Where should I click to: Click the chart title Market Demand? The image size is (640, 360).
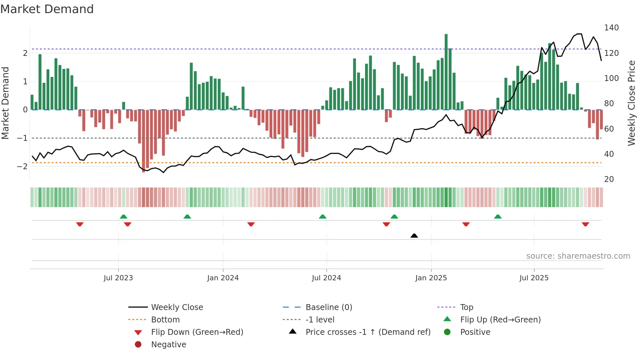[47, 9]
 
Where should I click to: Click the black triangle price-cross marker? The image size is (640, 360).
[414, 236]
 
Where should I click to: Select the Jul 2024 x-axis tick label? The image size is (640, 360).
[326, 278]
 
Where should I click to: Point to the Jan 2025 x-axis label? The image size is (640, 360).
[431, 278]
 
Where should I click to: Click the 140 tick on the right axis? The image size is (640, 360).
[611, 28]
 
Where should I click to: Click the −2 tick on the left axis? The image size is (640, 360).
[22, 166]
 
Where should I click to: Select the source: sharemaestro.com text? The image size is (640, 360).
[578, 256]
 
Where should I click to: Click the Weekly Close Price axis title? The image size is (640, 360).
[632, 103]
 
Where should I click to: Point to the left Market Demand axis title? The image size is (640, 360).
[5, 103]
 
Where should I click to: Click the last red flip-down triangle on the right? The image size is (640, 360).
[585, 224]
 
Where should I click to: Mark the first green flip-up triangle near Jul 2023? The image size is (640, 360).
[123, 217]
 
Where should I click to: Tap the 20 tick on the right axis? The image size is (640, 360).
[609, 179]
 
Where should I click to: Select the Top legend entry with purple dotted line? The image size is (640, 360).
[466, 307]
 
